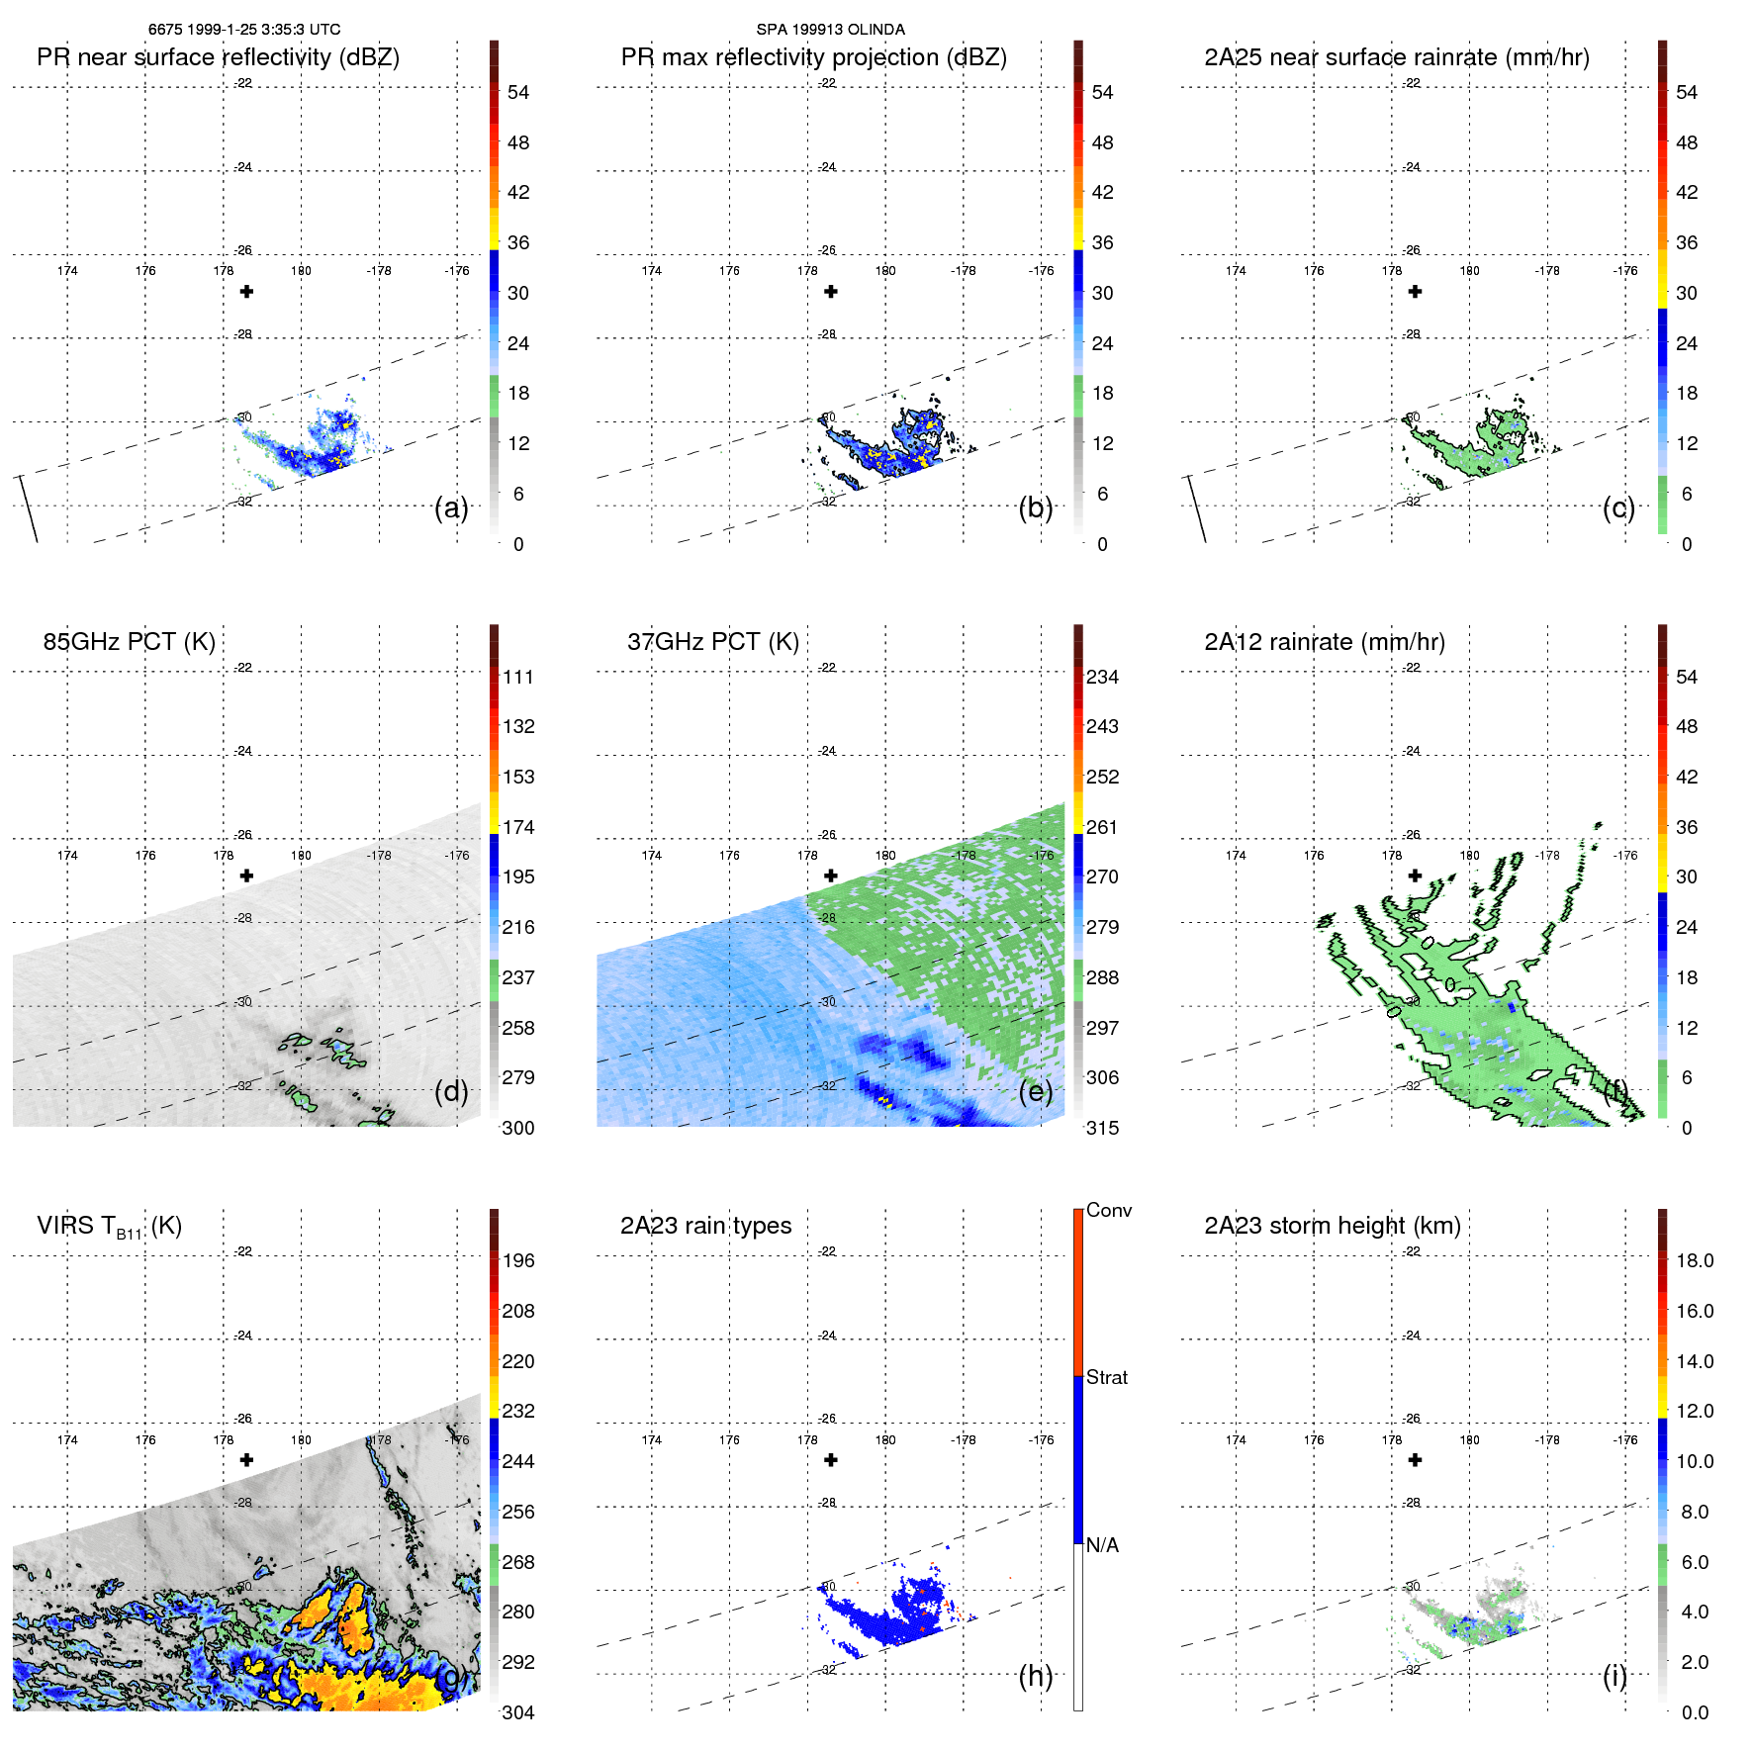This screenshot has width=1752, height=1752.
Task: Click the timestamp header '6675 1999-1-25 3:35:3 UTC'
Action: [244, 30]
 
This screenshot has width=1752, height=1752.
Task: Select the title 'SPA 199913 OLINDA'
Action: [830, 30]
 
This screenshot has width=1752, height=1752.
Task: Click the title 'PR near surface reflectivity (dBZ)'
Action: [218, 57]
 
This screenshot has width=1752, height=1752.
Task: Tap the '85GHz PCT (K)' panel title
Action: [129, 642]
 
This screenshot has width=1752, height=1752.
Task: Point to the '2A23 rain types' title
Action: [705, 1226]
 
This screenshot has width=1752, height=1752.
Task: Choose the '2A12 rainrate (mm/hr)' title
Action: [1324, 642]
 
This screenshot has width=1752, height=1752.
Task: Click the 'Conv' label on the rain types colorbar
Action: [1108, 1211]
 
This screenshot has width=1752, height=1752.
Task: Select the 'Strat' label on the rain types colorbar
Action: [1106, 1378]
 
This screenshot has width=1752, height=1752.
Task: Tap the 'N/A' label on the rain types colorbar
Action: [1102, 1545]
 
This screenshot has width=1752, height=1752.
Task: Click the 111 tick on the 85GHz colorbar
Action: [517, 678]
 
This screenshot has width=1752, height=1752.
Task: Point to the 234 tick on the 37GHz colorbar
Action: [1102, 678]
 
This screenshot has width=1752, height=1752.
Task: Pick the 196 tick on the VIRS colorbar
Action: [517, 1261]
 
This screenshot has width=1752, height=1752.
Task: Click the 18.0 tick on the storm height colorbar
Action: [1694, 1261]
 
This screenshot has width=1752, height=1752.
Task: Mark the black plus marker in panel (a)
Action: [246, 292]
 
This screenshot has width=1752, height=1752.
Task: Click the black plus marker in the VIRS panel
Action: [246, 1460]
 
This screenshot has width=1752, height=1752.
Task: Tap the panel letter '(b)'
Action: [1035, 508]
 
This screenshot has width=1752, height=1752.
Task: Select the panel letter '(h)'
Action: [1035, 1676]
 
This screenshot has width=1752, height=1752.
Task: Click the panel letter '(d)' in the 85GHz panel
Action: [451, 1092]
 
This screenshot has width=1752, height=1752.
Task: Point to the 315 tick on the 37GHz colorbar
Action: [1102, 1129]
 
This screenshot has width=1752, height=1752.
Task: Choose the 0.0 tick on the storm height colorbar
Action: [1694, 1712]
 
